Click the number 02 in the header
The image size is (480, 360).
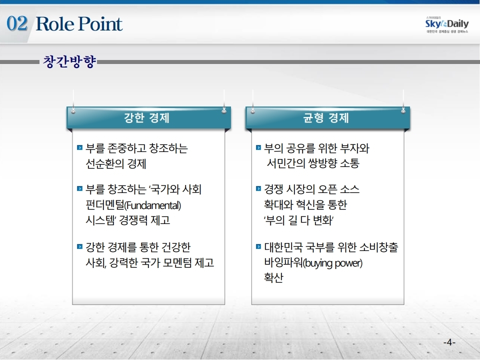coord(17,23)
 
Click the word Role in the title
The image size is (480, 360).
coord(55,23)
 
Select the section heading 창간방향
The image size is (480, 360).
coord(69,61)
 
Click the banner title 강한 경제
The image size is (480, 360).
coord(146,118)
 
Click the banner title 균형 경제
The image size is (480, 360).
coord(325,118)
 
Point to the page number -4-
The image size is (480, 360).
coord(449,342)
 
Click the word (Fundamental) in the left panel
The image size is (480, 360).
coord(153,205)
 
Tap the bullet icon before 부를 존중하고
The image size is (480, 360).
coord(79,147)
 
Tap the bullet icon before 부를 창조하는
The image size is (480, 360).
coord(79,188)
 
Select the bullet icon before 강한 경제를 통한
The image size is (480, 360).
coord(79,246)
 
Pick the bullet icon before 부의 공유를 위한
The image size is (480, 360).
coord(258,147)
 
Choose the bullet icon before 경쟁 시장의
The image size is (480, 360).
coord(258,188)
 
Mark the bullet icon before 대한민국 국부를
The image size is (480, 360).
coord(258,246)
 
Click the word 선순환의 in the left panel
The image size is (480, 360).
coord(104,163)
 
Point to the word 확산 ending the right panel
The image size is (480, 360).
coord(273,277)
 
